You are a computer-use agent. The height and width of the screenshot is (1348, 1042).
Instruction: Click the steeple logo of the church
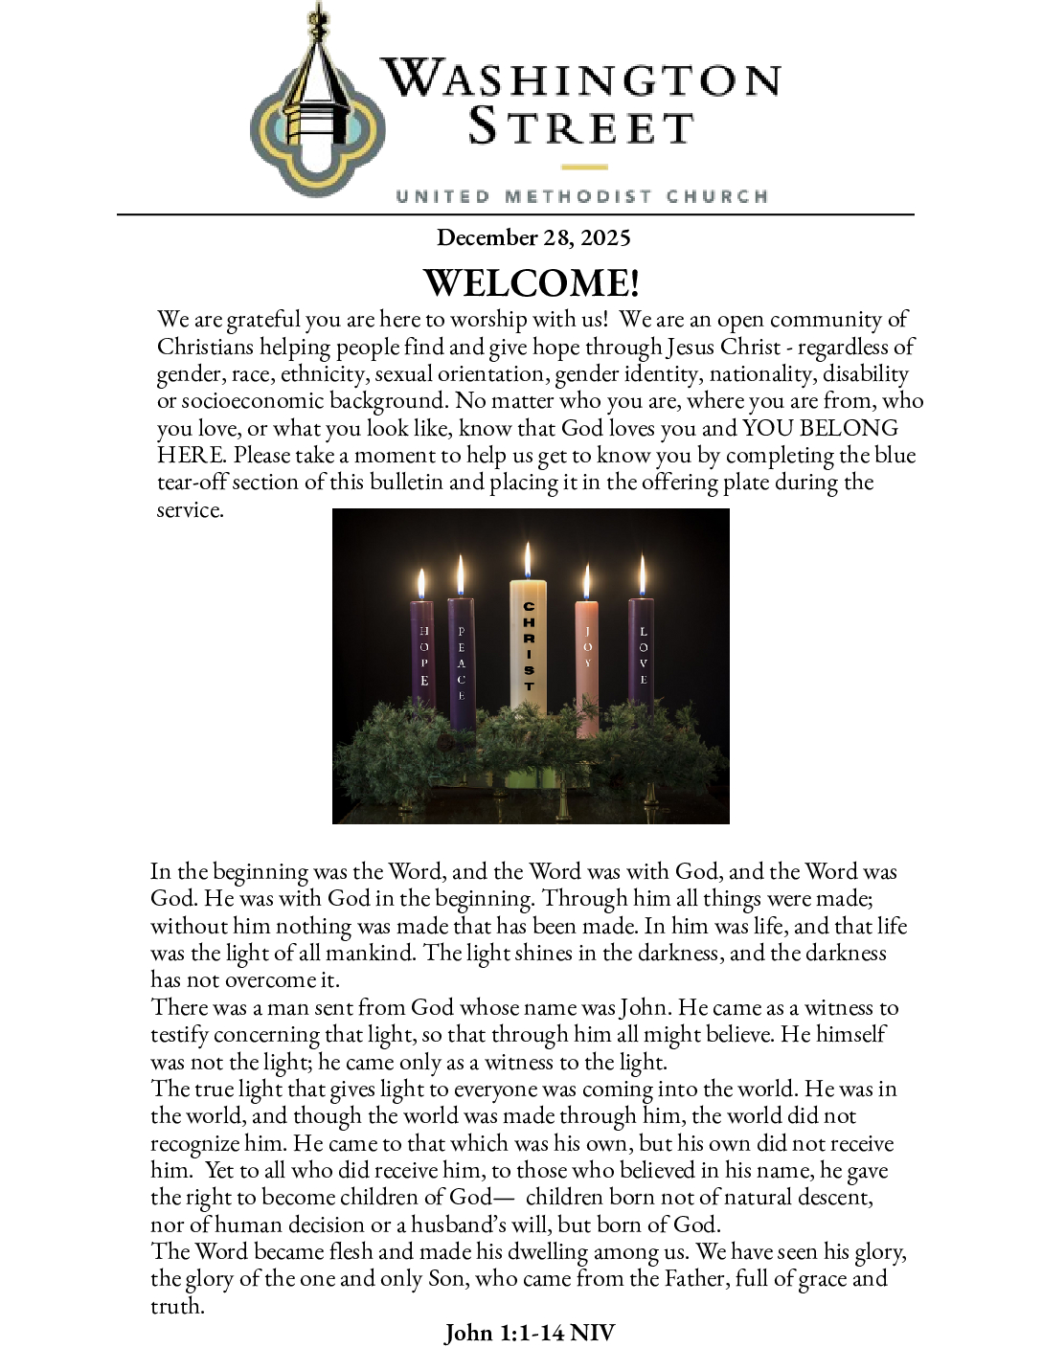click(316, 105)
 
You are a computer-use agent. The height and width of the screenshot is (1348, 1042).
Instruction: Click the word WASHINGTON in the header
click(580, 79)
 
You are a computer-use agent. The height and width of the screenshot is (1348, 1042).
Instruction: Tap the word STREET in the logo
click(580, 127)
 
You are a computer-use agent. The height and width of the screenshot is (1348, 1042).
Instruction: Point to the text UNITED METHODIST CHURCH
click(581, 196)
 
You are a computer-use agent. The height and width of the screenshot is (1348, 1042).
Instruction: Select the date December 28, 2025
click(533, 237)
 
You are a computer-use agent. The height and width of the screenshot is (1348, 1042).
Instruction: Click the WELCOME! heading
click(532, 282)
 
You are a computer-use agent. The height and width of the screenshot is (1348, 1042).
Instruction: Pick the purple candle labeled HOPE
click(422, 661)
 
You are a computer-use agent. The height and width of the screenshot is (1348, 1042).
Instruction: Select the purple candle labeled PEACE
click(461, 661)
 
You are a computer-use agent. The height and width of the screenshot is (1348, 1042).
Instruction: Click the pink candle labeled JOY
click(587, 661)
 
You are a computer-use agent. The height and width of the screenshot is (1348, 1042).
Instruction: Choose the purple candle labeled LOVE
click(642, 661)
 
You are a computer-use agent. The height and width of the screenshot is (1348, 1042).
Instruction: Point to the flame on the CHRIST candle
click(528, 560)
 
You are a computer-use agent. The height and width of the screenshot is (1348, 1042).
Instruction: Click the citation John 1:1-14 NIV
click(530, 1332)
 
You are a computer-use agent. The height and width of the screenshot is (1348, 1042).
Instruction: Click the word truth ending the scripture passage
click(177, 1306)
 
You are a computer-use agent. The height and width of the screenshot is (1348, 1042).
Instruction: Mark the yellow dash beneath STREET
click(584, 167)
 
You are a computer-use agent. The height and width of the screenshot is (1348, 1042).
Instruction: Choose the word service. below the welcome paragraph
click(190, 510)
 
